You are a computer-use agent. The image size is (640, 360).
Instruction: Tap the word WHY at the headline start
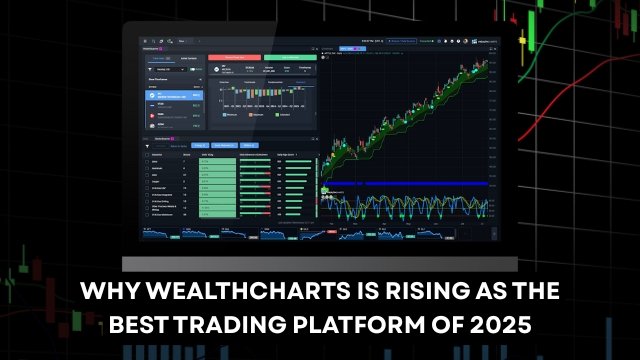point(107,291)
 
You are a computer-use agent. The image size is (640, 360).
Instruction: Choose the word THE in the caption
point(537,291)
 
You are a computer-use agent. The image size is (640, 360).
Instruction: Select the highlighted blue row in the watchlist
point(173,96)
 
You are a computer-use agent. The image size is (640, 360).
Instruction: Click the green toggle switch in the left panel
point(151,69)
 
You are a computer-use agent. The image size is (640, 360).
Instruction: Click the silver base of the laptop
point(319,263)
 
